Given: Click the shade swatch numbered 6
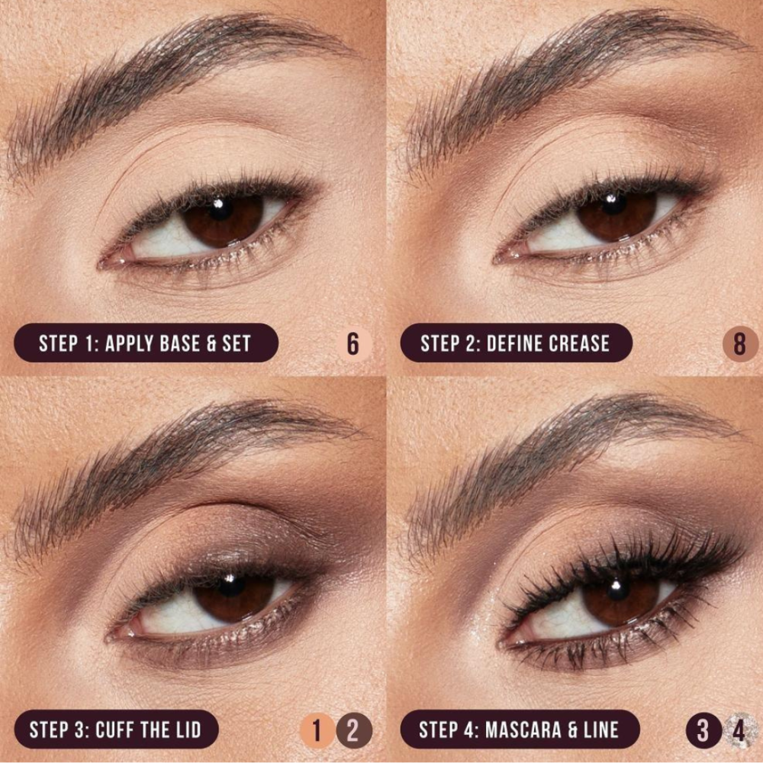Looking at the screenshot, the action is coord(353,344).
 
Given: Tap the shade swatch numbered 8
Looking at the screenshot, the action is coord(739,344).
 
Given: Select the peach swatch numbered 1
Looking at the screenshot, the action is coord(317,730).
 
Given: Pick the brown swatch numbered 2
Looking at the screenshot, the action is coord(354,730).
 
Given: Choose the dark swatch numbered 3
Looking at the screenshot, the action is coord(703,730).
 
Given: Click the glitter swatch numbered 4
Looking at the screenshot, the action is coord(740,730).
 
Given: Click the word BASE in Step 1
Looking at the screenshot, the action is coord(173,343).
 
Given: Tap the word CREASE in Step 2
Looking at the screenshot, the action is coord(578,343).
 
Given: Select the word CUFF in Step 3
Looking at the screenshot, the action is coord(114,730).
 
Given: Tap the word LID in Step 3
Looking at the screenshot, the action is coord(188,730).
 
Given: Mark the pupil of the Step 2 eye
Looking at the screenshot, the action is coord(614,204).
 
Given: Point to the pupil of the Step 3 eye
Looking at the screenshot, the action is coord(230,585).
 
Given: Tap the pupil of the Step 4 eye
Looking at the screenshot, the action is coord(617,589).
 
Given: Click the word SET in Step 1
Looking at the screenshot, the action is coord(237,343).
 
